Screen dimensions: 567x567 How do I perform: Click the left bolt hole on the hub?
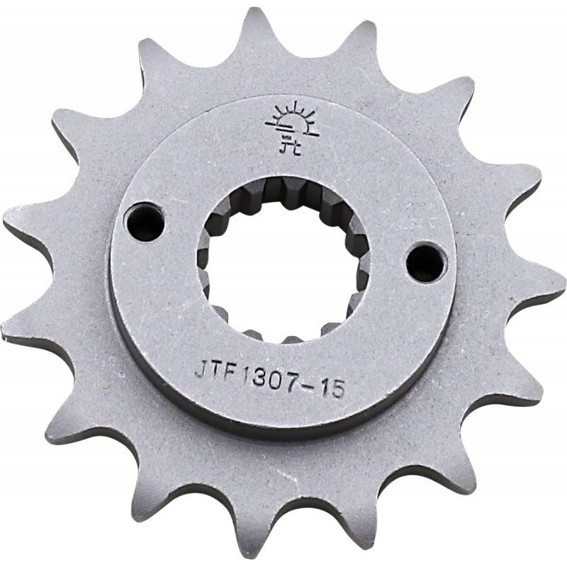click(144, 221)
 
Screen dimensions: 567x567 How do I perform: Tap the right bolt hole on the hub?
click(427, 261)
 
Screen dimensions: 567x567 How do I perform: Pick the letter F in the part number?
click(228, 371)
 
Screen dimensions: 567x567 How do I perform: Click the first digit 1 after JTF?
click(241, 371)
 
